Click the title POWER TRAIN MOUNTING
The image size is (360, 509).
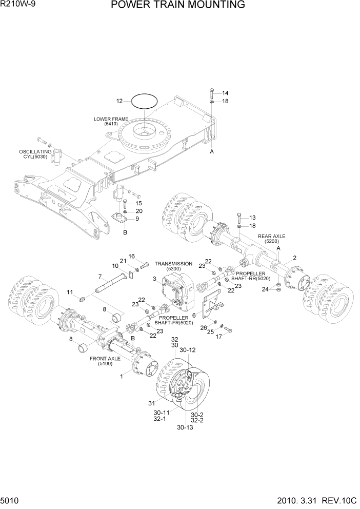[x=177, y=6]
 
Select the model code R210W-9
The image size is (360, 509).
[x=19, y=5]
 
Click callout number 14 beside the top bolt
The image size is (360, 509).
[x=225, y=93]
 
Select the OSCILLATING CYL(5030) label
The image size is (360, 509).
[x=36, y=155]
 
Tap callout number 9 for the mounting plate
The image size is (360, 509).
[x=137, y=219]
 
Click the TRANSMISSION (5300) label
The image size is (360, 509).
[x=173, y=266]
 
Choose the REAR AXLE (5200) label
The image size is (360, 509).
[x=271, y=238]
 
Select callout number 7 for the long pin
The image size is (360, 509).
[x=99, y=277]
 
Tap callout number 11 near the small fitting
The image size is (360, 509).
[x=70, y=292]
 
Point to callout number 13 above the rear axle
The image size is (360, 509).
[x=252, y=217]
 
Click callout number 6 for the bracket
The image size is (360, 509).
[x=194, y=315]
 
